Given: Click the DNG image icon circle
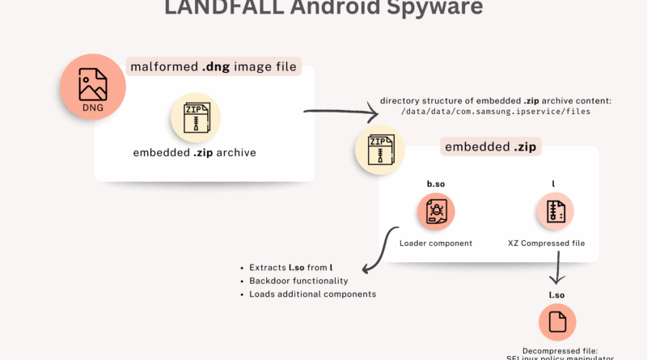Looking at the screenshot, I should tap(92, 87).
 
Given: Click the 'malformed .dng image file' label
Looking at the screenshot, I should tap(214, 67).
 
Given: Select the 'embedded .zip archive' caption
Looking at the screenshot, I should tap(195, 152).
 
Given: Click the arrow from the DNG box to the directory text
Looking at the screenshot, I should tap(340, 113).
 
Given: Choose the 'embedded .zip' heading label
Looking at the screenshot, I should tap(492, 147).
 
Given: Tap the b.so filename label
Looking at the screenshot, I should tap(436, 184).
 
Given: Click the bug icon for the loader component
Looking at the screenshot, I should tap(436, 213).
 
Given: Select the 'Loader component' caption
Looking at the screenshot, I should tap(435, 243).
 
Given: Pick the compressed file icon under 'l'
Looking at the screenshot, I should tap(554, 213).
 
